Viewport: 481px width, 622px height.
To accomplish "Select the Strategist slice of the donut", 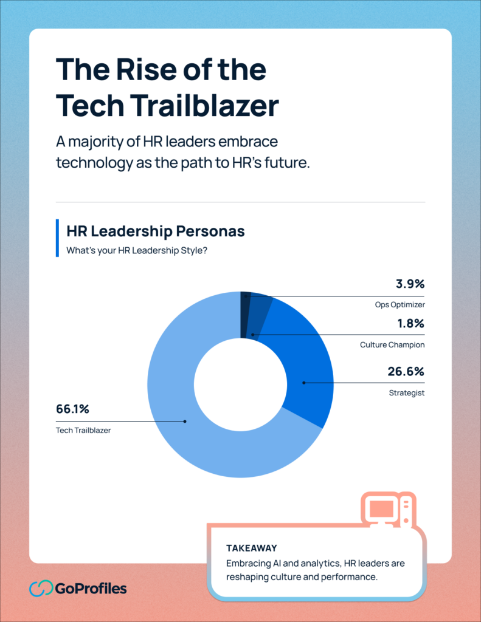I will [304, 377].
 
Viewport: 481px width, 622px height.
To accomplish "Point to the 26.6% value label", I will [406, 372].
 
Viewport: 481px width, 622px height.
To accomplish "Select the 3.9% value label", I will [409, 284].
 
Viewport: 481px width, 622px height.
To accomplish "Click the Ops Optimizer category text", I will [400, 304].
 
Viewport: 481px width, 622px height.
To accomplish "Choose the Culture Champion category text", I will [392, 344].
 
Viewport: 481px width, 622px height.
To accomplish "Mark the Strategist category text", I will [407, 392].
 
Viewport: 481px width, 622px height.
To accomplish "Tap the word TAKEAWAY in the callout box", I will [251, 548].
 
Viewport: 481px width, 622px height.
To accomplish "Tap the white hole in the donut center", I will [240, 383].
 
